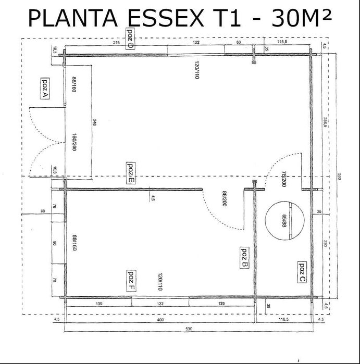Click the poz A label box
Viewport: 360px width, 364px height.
tap(44, 89)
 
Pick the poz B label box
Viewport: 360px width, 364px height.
tap(244, 257)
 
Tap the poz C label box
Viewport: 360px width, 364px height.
tap(302, 272)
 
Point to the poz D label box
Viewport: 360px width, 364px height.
tap(130, 39)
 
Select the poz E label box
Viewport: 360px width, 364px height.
tap(131, 173)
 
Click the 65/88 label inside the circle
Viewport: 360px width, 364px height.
tap(284, 221)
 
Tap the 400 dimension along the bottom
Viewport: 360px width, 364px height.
tap(160, 320)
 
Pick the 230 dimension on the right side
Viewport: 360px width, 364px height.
tap(324, 243)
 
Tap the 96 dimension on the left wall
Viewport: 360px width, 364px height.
tap(54, 243)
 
